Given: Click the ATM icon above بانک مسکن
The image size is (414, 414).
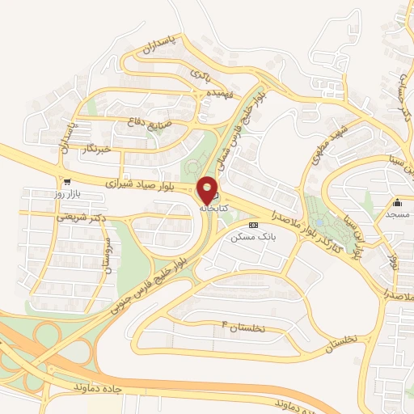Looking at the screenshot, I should click(254, 224).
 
